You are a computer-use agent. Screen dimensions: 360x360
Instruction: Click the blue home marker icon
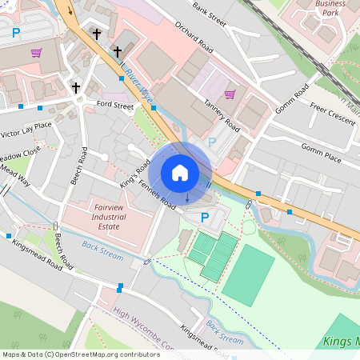click(180, 172)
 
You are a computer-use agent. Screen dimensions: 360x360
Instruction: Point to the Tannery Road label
click(221, 117)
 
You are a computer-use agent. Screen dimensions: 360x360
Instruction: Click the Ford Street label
click(114, 105)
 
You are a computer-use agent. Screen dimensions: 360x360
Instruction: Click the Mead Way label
click(14, 176)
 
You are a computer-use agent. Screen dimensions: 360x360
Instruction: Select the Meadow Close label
click(19, 154)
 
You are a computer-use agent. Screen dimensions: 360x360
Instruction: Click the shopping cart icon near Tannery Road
click(230, 94)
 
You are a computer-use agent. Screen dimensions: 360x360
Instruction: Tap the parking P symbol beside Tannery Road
click(212, 142)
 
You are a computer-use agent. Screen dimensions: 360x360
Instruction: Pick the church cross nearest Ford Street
click(77, 87)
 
